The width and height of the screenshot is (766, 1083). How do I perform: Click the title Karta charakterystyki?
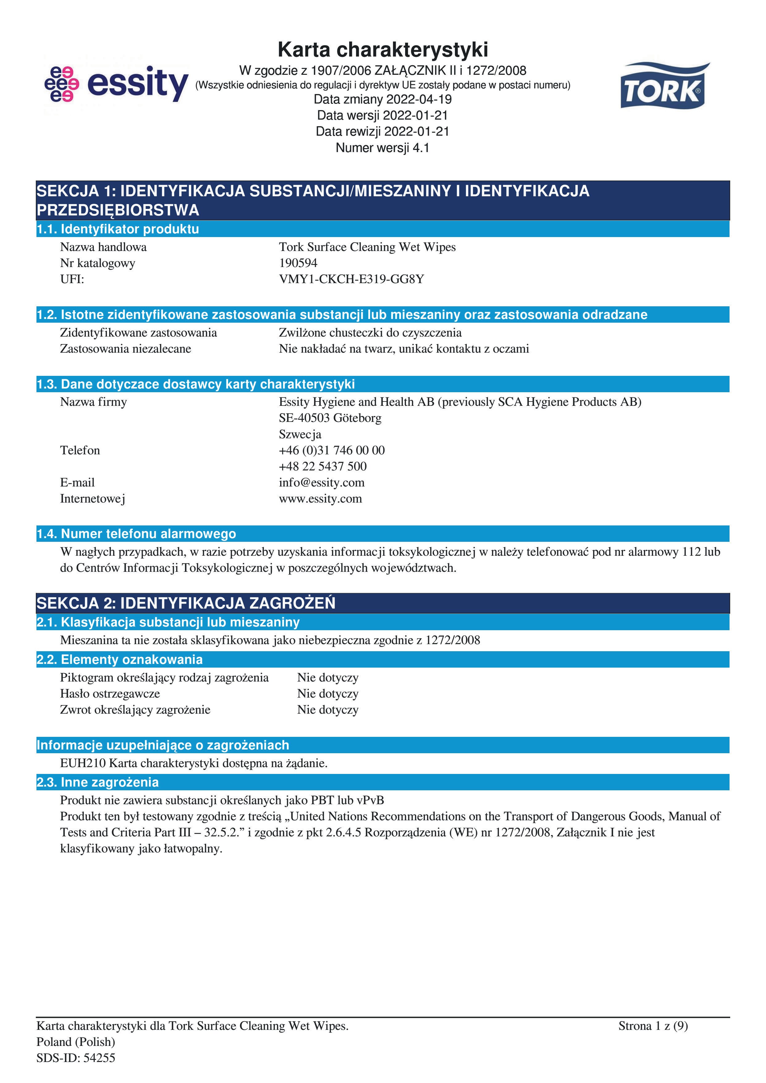[x=383, y=49]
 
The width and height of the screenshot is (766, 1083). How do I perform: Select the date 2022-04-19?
[x=419, y=100]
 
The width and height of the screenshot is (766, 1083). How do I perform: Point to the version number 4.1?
[x=421, y=148]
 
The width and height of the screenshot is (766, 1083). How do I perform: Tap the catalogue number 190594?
[x=298, y=263]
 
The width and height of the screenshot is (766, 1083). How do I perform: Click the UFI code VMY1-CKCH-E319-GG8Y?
[x=351, y=279]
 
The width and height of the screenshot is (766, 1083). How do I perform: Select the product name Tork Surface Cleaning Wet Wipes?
[x=367, y=247]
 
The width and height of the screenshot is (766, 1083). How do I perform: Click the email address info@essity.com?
[x=321, y=482]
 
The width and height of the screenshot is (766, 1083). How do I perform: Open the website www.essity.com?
[x=320, y=499]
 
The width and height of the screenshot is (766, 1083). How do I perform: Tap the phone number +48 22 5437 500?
[x=323, y=466]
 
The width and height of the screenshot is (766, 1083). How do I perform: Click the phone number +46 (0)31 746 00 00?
[x=332, y=450]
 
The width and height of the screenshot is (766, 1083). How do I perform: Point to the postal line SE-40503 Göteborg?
[x=330, y=418]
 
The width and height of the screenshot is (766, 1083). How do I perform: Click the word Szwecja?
[x=300, y=435]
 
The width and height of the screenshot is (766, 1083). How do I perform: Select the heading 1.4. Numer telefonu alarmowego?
[x=136, y=534]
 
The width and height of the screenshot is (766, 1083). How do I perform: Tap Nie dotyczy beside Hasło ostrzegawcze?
[x=328, y=694]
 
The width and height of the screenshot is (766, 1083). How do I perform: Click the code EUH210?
[x=83, y=763]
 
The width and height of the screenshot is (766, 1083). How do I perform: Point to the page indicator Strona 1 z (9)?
[x=653, y=1026]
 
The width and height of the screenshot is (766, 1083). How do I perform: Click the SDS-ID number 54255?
[x=99, y=1058]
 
